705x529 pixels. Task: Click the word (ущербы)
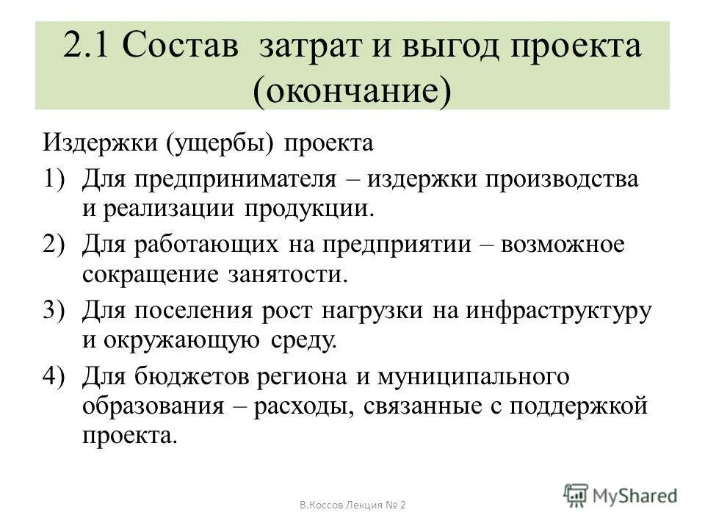click(x=220, y=142)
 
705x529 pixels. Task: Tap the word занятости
click(x=292, y=273)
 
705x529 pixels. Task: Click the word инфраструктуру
click(x=558, y=310)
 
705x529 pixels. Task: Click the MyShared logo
click(x=621, y=494)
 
